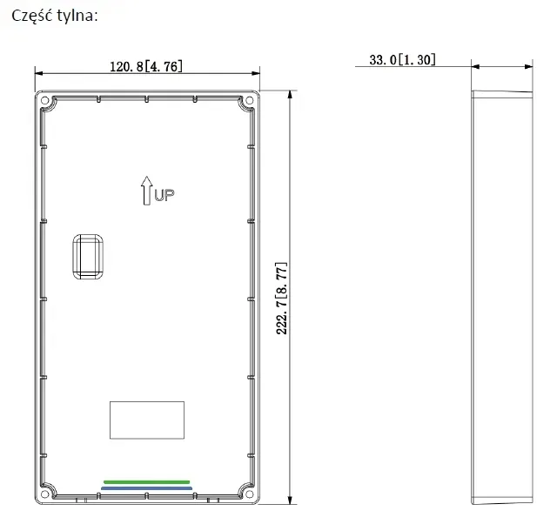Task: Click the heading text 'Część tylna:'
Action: tap(54, 16)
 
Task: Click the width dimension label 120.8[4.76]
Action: tap(146, 66)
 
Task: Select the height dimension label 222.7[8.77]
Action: tap(282, 299)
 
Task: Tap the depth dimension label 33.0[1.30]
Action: tap(402, 60)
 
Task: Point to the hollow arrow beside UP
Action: tap(147, 191)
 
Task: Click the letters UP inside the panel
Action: tap(164, 195)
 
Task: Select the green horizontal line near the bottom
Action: tap(147, 482)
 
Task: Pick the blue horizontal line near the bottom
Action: tap(147, 488)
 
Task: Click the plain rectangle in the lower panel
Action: tap(147, 420)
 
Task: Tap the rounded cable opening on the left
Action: tap(88, 257)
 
